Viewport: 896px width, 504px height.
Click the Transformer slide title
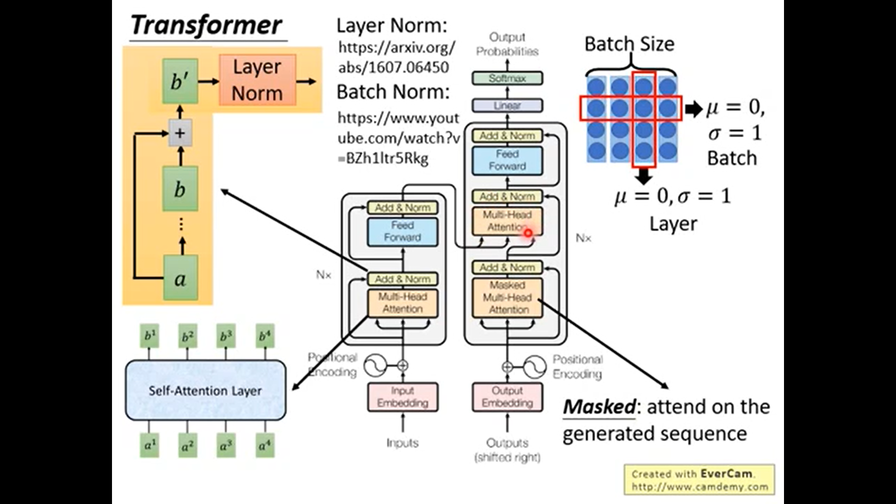(x=206, y=25)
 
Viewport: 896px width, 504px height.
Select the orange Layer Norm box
(x=257, y=80)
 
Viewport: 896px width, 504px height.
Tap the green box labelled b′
(x=180, y=81)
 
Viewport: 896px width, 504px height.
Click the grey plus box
(x=180, y=133)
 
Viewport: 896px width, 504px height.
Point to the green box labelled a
(x=180, y=278)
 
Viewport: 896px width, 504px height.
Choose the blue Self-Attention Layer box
(x=205, y=391)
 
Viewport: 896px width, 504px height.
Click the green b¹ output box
(x=149, y=336)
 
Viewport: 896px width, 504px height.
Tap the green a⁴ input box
(x=265, y=445)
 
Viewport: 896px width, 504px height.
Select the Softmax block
(x=507, y=78)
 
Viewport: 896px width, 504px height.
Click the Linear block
(x=507, y=105)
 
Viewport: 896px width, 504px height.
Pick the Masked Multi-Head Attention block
(x=507, y=298)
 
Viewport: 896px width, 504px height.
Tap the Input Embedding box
(x=403, y=397)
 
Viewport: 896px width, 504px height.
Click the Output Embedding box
(x=507, y=397)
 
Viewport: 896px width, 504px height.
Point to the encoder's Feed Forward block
(x=403, y=231)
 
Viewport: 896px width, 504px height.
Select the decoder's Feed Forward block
(x=507, y=160)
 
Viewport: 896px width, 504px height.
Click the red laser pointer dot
(x=528, y=233)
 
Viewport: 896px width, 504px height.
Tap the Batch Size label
(x=629, y=44)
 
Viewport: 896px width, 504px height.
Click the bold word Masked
(x=599, y=407)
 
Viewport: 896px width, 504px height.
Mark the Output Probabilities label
(x=507, y=44)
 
